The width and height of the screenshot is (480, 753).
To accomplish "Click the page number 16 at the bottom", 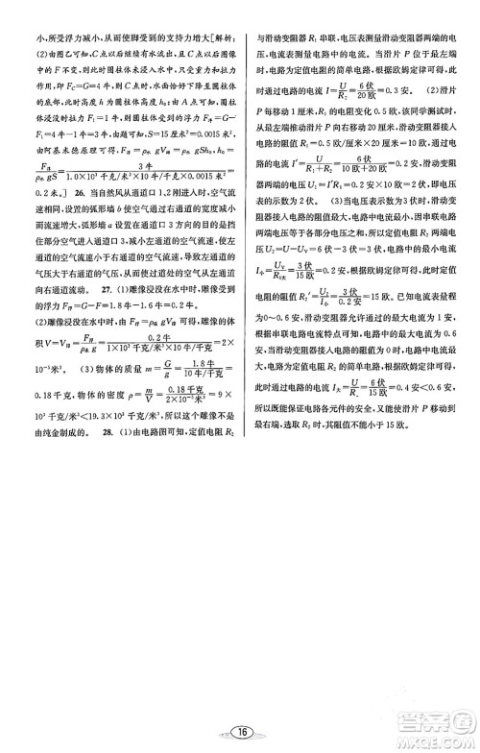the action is (239, 732).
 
